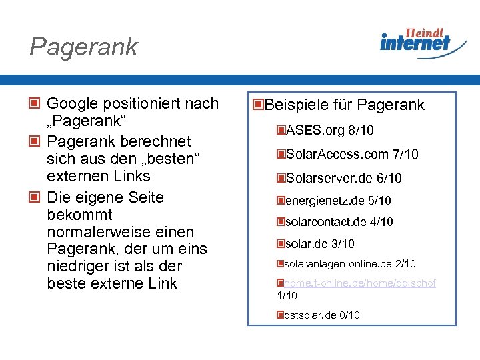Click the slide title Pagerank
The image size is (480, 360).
83,47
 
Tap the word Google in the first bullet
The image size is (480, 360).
71,104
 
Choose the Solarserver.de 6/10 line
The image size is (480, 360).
343,179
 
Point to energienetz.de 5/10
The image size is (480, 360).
337,201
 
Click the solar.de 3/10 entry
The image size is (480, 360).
319,244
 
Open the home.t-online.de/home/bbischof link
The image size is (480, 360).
360,283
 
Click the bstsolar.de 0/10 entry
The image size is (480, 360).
321,315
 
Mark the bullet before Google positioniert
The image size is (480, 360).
34,104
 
